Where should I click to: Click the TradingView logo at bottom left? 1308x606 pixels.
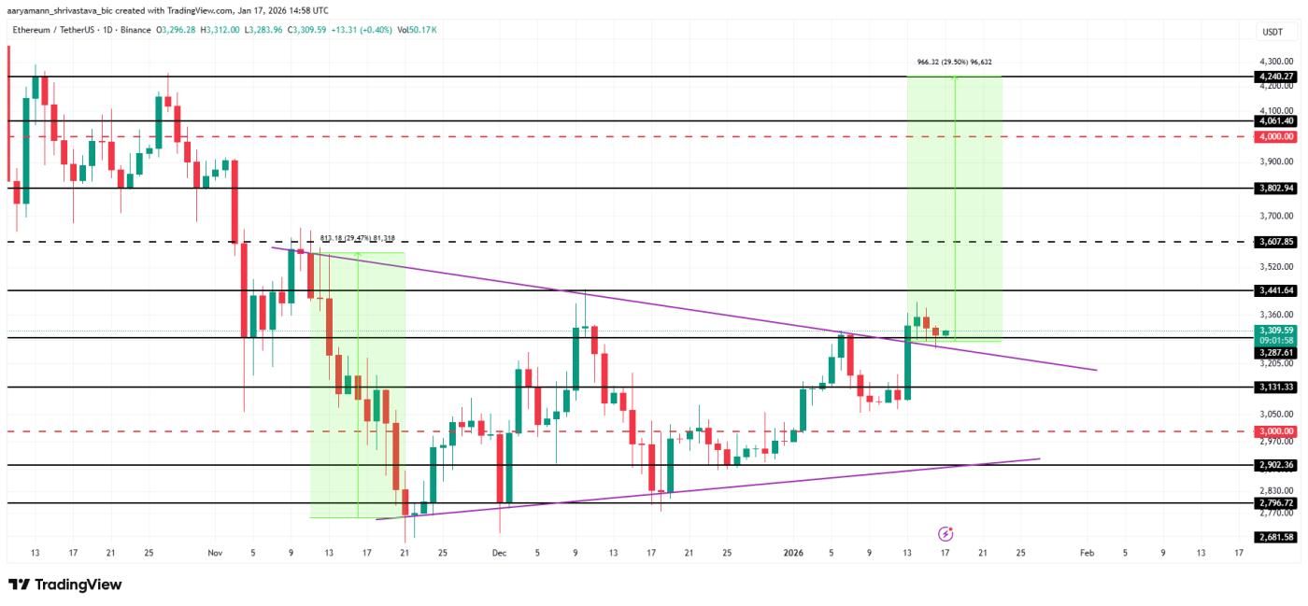pos(65,585)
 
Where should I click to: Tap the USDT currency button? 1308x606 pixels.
pos(1272,31)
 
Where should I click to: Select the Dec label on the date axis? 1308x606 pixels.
pos(499,553)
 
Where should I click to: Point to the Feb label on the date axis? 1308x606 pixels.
pos(1087,553)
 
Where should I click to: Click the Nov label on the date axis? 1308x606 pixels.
pos(214,553)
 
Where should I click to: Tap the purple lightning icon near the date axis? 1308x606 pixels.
pos(945,534)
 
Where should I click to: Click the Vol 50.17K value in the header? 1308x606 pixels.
pos(418,30)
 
